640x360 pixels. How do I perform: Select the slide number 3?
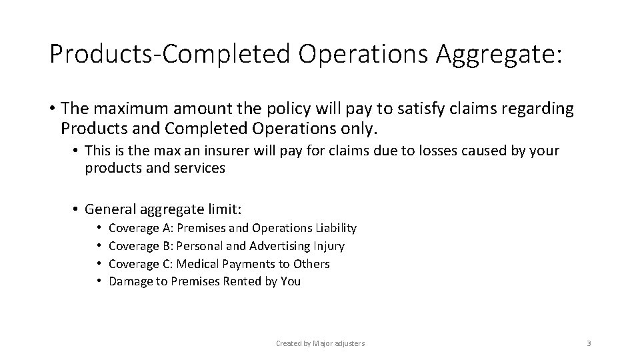point(589,343)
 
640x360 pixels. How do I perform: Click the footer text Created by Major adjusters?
point(321,343)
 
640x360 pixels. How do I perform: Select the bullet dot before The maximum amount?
point(51,109)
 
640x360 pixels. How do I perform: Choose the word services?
point(203,169)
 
